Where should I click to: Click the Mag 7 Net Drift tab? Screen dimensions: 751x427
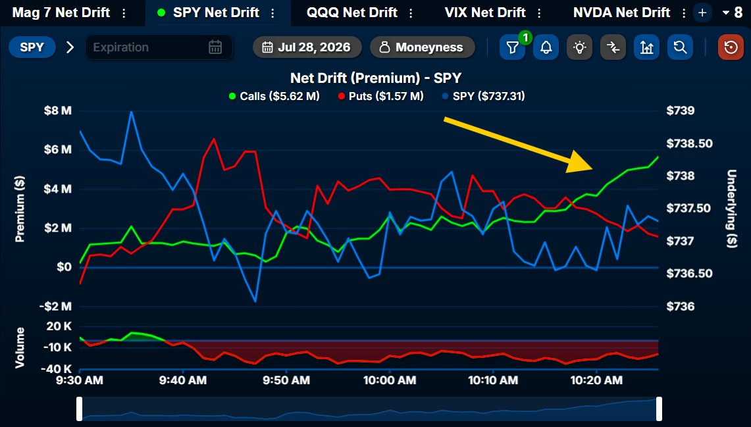click(x=61, y=13)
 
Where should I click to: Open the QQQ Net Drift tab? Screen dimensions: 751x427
click(x=352, y=13)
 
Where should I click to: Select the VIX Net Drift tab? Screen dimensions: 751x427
click(x=485, y=13)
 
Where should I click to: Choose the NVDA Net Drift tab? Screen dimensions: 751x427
click(x=621, y=13)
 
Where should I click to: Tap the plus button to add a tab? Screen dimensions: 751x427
click(x=703, y=13)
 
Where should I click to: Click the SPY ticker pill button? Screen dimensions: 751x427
click(x=32, y=47)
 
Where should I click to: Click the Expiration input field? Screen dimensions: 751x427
click(x=159, y=47)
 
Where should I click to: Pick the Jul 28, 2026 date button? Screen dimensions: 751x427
click(x=307, y=47)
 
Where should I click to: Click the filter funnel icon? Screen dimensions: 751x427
click(x=512, y=47)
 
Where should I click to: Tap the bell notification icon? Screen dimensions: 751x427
click(x=546, y=47)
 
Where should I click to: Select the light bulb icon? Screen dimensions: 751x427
click(x=579, y=47)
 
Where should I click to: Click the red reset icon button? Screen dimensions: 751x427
click(x=731, y=47)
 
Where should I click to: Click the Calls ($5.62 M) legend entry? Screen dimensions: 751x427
click(x=274, y=96)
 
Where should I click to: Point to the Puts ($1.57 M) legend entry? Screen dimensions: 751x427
click(x=381, y=96)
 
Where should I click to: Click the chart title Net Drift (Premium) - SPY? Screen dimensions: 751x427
click(x=376, y=78)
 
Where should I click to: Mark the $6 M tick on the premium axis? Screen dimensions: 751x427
click(x=57, y=150)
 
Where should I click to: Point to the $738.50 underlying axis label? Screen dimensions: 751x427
click(x=689, y=143)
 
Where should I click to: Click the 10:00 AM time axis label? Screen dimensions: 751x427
click(x=390, y=380)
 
